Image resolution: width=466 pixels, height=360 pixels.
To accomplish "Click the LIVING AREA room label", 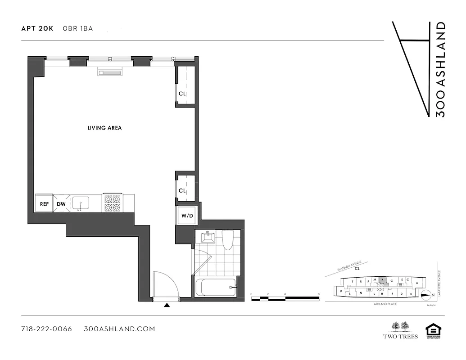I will [x=104, y=128].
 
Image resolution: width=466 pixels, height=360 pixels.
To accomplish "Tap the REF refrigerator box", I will [x=44, y=204].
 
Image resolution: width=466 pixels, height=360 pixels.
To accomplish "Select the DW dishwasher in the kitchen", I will [x=61, y=204].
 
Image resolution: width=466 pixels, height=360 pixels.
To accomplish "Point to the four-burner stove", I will [x=112, y=203].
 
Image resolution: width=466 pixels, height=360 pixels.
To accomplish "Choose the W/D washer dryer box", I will [x=187, y=216].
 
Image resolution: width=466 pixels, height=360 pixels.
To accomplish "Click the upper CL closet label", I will [x=182, y=94].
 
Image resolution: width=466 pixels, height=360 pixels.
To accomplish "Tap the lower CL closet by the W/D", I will [x=182, y=190].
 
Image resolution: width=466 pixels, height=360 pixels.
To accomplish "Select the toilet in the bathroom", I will [x=228, y=239].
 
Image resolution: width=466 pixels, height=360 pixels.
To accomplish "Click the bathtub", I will [x=215, y=287].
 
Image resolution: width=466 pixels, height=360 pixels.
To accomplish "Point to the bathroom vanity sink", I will [x=208, y=237].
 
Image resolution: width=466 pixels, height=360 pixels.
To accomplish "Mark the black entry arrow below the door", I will [x=167, y=305].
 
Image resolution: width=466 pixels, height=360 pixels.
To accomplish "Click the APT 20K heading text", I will [x=37, y=28].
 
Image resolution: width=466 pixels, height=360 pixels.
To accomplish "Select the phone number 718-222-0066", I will [x=47, y=329].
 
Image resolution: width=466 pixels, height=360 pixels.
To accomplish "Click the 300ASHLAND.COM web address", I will [x=120, y=329].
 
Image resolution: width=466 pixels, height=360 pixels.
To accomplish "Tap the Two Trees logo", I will [x=400, y=330].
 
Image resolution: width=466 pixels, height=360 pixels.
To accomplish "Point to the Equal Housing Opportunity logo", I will [x=433, y=331].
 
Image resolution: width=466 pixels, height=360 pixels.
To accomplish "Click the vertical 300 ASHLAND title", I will [x=441, y=69].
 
